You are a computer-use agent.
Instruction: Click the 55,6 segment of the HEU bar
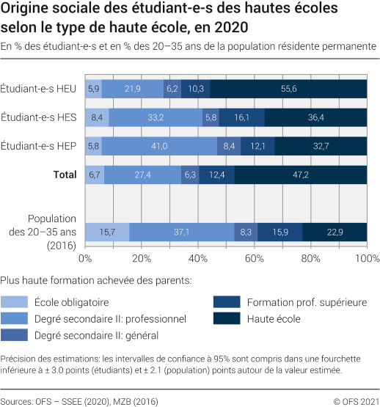pyautogui.click(x=288, y=88)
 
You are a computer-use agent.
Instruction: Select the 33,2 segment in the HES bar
pyautogui.click(x=156, y=117)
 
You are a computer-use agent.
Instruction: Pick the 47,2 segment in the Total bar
pyautogui.click(x=301, y=174)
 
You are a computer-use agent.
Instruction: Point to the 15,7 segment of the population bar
pyautogui.click(x=107, y=231)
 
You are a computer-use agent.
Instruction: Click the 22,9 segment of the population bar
pyautogui.click(x=335, y=231)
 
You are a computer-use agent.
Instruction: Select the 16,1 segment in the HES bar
pyautogui.click(x=241, y=117)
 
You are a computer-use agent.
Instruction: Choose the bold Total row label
pyautogui.click(x=65, y=174)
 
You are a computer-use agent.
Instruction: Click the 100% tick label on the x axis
pyautogui.click(x=366, y=259)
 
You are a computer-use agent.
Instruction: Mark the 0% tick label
pyautogui.click(x=85, y=259)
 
